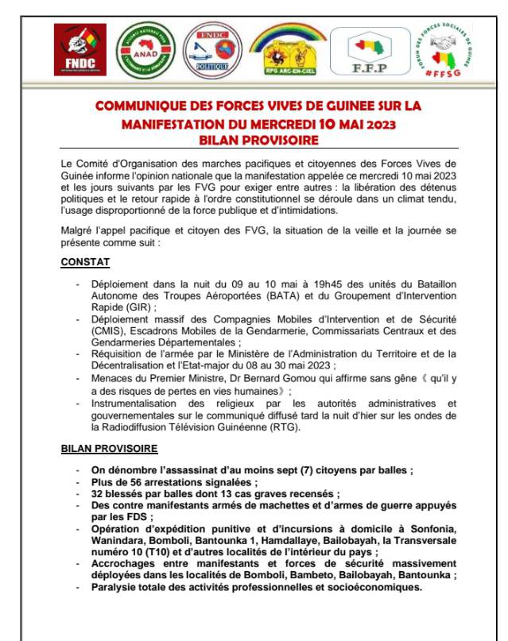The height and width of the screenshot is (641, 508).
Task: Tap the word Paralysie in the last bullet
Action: (x=117, y=587)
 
